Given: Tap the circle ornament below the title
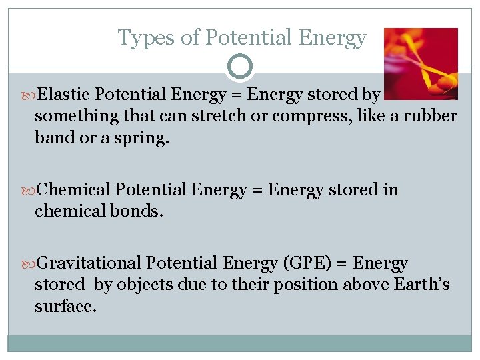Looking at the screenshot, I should tap(240, 66).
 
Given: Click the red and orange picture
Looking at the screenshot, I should tap(421, 63).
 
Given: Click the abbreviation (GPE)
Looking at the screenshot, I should tap(314, 263).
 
